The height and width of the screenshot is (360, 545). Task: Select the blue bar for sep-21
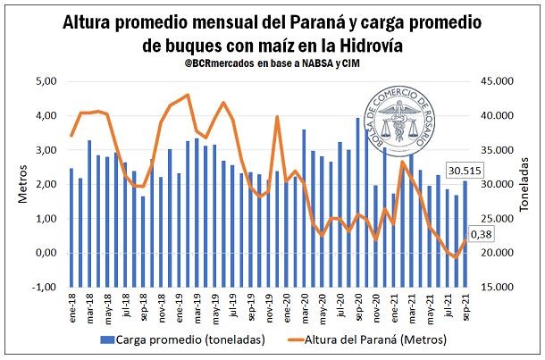465,234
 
